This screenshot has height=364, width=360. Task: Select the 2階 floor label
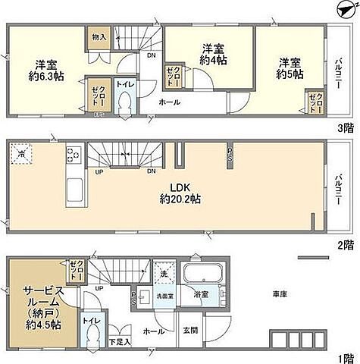pyautogui.click(x=346, y=244)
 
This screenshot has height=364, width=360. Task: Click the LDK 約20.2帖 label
pyautogui.click(x=180, y=193)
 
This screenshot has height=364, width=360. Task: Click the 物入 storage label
pyautogui.click(x=99, y=36)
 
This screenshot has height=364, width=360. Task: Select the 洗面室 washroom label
pyautogui.click(x=165, y=294)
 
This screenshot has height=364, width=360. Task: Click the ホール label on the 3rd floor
pyautogui.click(x=169, y=102)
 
